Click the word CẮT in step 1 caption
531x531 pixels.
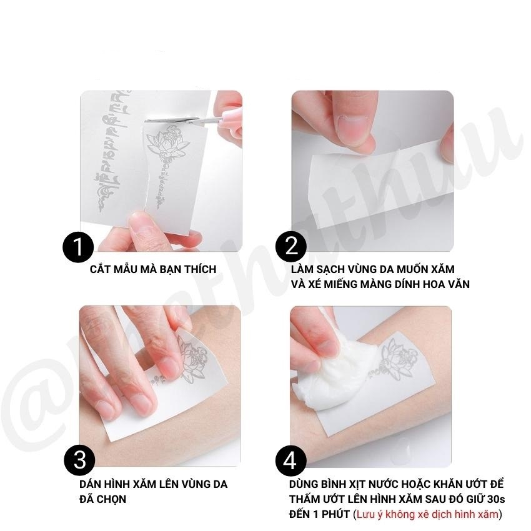101,270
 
